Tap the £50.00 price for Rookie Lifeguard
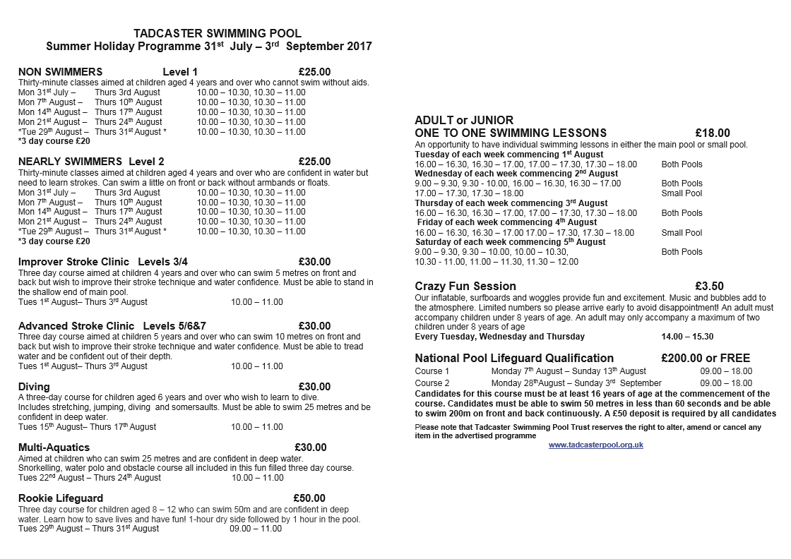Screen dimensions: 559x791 [310, 498]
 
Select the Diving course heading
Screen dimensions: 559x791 [34, 387]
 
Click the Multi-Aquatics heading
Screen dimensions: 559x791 [54, 447]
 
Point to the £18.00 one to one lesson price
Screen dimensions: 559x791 [713, 133]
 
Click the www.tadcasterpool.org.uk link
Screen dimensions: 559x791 [595, 445]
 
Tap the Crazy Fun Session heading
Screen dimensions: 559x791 [465, 286]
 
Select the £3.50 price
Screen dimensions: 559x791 [709, 286]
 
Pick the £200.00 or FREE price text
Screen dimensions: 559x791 [706, 358]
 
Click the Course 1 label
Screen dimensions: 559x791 [432, 371]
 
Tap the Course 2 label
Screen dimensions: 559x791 [432, 383]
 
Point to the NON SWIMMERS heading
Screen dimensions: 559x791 [60, 71]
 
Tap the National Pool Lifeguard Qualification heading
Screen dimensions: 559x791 [514, 358]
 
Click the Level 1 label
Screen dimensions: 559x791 [180, 71]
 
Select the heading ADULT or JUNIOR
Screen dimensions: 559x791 [464, 120]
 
